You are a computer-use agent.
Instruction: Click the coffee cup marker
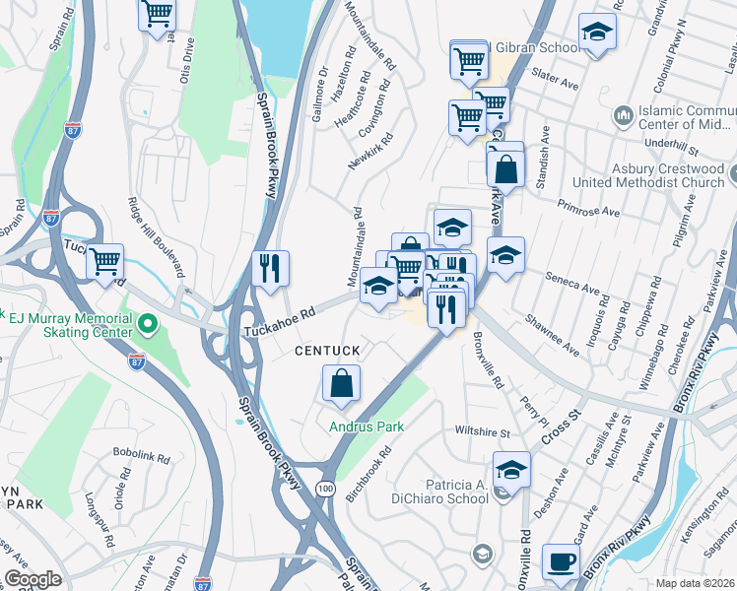click(x=561, y=561)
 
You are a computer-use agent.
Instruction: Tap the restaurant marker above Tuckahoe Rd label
click(x=269, y=267)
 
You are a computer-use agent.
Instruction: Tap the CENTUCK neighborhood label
click(x=327, y=351)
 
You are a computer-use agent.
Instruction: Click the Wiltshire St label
click(x=482, y=431)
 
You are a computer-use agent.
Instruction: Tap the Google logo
click(x=33, y=579)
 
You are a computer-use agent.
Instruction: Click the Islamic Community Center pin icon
click(x=622, y=116)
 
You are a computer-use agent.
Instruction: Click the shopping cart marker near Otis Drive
click(x=158, y=14)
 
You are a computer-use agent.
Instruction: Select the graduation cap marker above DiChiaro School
click(x=511, y=470)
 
